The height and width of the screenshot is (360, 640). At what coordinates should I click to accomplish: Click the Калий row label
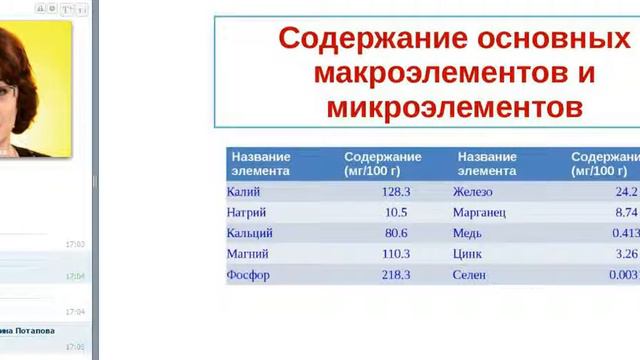tap(243, 191)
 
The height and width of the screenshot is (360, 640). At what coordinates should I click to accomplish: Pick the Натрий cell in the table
tap(247, 212)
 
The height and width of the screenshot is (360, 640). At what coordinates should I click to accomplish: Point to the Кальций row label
tap(250, 233)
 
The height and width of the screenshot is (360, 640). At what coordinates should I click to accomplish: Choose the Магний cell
tap(247, 254)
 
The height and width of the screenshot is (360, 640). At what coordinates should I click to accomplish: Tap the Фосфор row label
tap(248, 275)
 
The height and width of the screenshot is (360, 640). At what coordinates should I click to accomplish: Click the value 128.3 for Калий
tap(396, 191)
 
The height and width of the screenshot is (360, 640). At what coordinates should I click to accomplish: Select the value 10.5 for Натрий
tap(396, 212)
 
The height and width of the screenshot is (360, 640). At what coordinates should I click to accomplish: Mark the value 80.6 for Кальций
tap(396, 233)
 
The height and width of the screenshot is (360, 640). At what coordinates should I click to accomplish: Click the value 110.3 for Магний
tap(396, 254)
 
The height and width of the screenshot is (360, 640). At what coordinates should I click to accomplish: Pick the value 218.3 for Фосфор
tap(396, 275)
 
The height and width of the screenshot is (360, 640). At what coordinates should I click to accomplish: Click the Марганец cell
tap(479, 212)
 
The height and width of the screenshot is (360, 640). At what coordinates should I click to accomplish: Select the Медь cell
tap(467, 233)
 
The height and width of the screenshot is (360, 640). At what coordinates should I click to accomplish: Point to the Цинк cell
tap(467, 254)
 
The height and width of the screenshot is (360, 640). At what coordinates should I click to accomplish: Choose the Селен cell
tap(469, 275)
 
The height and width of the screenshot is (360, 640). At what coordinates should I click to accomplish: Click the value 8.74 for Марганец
tap(627, 212)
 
